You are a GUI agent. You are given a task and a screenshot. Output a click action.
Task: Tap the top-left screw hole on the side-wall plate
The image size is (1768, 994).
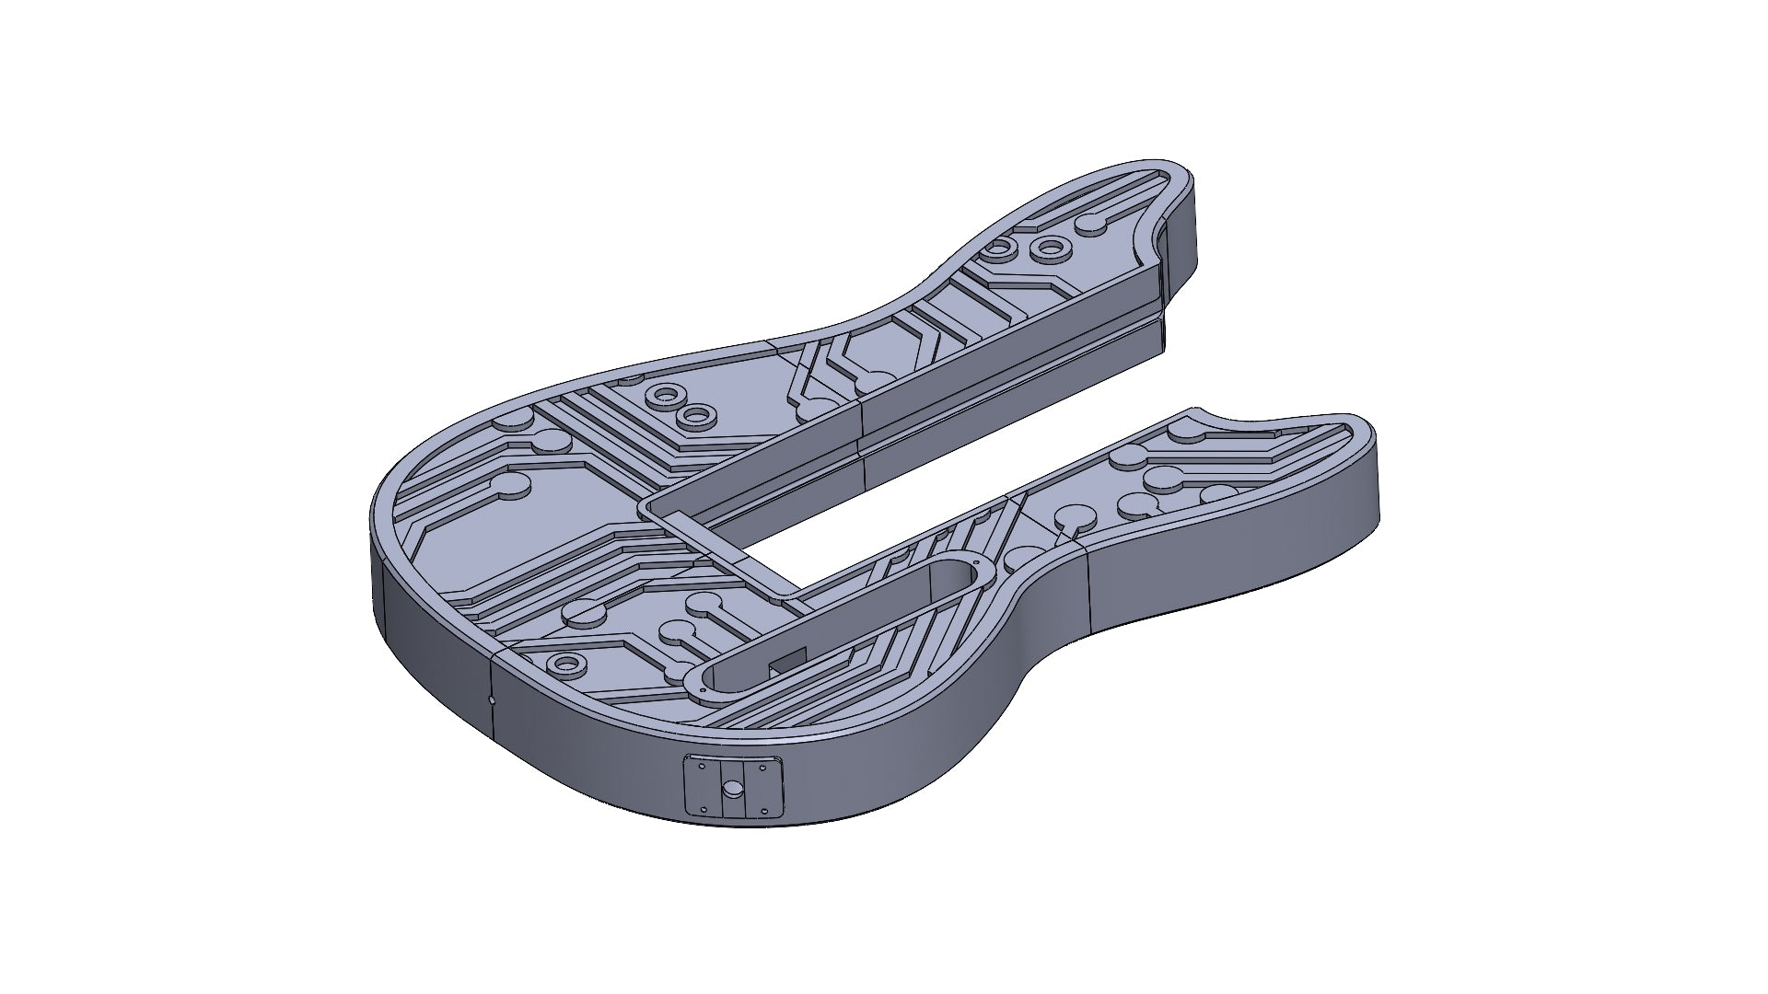tap(703, 765)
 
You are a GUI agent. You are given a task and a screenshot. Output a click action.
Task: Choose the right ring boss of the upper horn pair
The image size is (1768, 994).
tap(1049, 247)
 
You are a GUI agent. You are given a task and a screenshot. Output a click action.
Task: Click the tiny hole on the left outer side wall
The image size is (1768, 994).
tap(491, 699)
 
